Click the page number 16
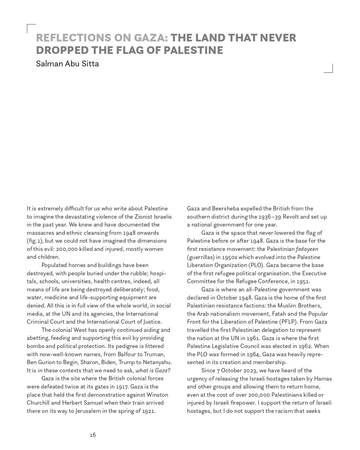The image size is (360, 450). [93, 435]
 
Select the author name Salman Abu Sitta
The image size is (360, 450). [67, 64]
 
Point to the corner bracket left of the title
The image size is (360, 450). [31, 28]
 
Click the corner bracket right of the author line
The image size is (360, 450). [329, 68]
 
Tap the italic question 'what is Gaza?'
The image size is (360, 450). [153, 370]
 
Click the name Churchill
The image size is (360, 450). [38, 403]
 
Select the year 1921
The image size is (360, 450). [148, 411]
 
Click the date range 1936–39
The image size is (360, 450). [270, 217]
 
